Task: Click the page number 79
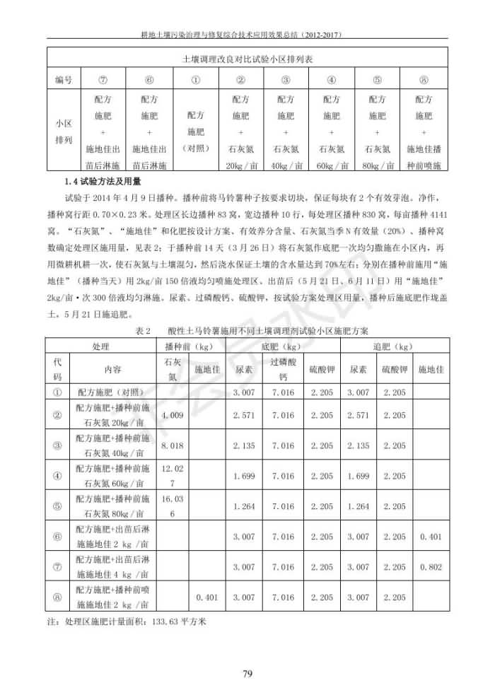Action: click(x=248, y=672)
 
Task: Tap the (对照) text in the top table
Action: click(x=195, y=148)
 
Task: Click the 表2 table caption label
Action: click(x=144, y=330)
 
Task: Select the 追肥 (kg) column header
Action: click(x=392, y=347)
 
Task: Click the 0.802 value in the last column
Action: click(x=431, y=567)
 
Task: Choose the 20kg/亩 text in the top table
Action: click(x=240, y=166)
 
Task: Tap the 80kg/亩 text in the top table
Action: click(x=377, y=166)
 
